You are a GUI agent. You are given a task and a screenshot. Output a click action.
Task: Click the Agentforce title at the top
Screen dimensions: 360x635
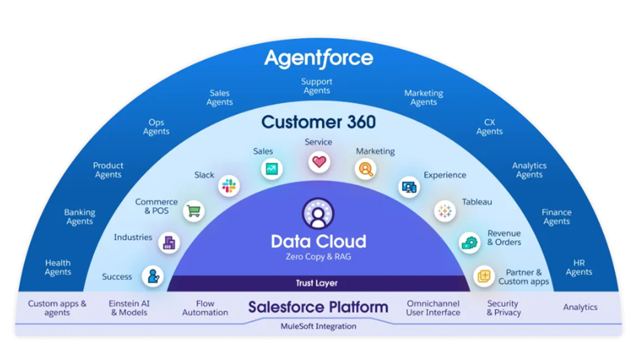(x=318, y=58)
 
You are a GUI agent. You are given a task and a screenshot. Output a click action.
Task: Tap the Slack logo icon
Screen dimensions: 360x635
(x=229, y=186)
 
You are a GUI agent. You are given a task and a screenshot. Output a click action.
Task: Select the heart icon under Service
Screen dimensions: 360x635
(x=319, y=161)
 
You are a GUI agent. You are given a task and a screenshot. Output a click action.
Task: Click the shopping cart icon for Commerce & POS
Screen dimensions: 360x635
(x=194, y=211)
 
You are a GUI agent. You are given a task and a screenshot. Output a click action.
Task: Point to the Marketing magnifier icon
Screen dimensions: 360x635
(x=366, y=169)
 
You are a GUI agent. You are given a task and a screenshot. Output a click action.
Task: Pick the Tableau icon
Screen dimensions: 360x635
(x=444, y=211)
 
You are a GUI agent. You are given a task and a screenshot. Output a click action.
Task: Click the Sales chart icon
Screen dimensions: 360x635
(x=271, y=169)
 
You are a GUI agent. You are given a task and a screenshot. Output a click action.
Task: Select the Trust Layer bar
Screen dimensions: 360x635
(x=316, y=283)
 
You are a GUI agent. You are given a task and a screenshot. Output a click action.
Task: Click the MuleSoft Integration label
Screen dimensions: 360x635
(x=318, y=326)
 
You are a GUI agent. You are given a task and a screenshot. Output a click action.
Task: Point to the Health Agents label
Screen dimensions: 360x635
(x=58, y=267)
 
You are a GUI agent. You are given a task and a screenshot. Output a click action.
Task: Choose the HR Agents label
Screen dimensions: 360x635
(x=579, y=267)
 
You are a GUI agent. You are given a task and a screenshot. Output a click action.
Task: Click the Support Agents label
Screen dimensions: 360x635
(x=316, y=86)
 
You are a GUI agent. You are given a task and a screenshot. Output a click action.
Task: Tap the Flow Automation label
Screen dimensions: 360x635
(x=205, y=308)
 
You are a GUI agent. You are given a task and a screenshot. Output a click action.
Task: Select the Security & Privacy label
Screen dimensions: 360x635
(x=503, y=308)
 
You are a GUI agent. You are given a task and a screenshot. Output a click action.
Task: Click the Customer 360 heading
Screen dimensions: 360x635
(x=318, y=122)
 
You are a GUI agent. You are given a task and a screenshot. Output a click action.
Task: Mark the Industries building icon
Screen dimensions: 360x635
(x=169, y=242)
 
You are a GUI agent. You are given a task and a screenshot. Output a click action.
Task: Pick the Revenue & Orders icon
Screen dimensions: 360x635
(x=469, y=242)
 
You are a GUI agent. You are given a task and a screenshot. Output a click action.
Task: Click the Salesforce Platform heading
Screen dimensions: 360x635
(x=318, y=308)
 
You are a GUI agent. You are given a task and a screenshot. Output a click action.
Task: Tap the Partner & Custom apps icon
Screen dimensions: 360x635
(x=483, y=275)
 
